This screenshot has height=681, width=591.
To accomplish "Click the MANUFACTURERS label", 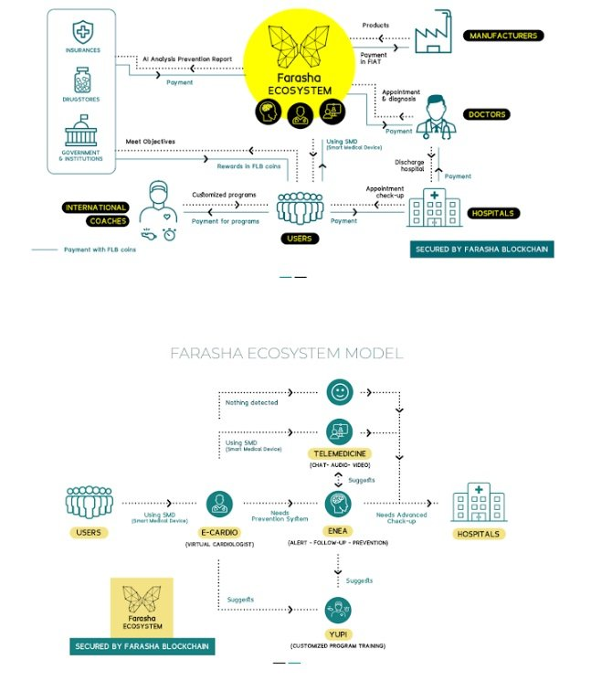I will pos(502,36).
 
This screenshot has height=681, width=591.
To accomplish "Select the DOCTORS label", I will pos(488,114).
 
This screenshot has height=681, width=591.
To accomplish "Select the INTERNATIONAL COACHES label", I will pos(96,213).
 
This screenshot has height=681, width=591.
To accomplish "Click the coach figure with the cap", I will pos(163,208).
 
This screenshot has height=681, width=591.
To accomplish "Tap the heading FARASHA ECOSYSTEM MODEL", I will pos(287,353).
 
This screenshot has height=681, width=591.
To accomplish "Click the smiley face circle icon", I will pos(340,392).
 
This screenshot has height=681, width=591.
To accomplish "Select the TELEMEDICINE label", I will pos(340,452).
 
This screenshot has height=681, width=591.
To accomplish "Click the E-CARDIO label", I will pos(218,532).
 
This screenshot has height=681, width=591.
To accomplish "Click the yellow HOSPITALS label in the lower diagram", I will pos(478,533).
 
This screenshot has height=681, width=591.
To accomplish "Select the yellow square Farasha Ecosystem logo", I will pos(142,606).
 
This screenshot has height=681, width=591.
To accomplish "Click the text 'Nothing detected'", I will pos(251,401).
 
